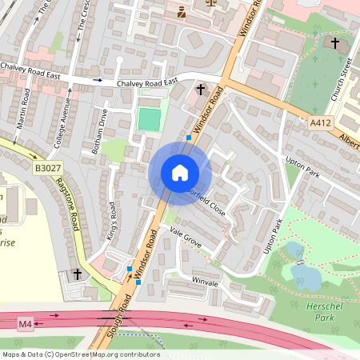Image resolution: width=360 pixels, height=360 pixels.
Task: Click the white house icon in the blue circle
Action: pos(180,173)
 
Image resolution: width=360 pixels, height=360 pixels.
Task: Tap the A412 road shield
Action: pos(319,122)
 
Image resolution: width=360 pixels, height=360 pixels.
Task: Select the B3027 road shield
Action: pos(46,166)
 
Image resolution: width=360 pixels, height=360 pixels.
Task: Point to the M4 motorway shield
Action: pos(26,323)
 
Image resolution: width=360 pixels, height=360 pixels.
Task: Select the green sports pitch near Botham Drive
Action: pos(150,119)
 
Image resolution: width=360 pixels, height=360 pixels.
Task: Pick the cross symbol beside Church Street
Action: pos(335,42)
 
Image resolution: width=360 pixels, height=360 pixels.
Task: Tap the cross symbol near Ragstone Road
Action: pos(78,274)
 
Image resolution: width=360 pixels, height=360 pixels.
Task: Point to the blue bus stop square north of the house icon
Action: pos(189,138)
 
